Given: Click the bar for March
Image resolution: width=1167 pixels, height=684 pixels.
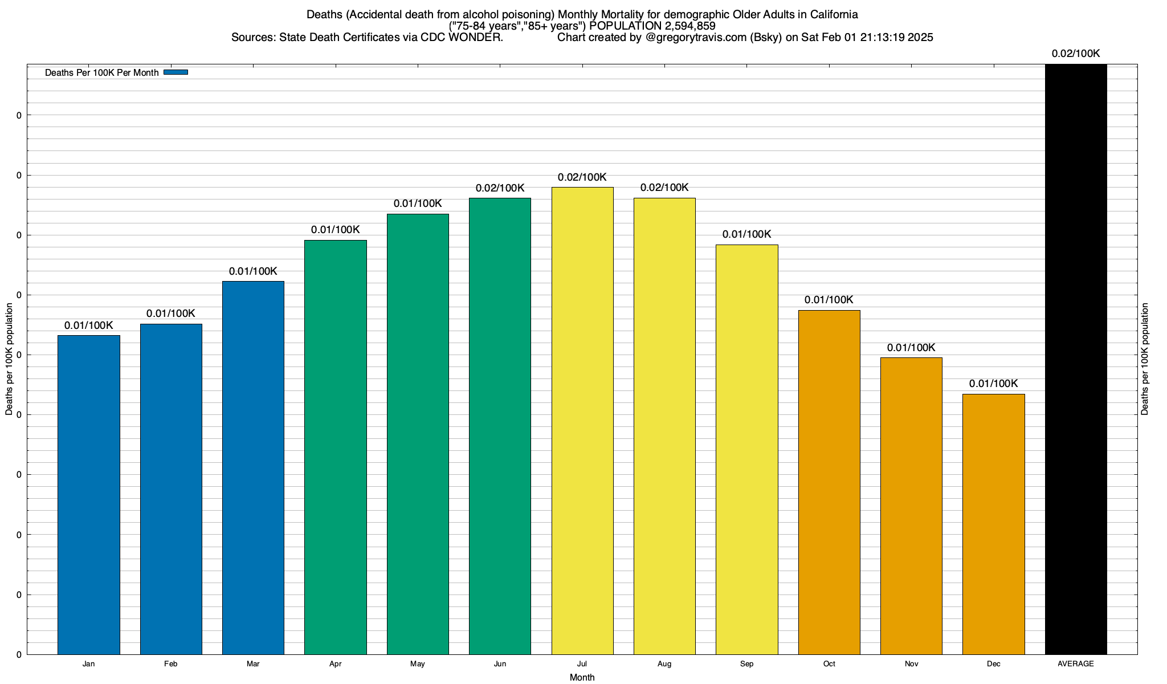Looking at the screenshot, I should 253,467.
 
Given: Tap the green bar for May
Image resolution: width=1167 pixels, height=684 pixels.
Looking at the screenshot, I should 418,434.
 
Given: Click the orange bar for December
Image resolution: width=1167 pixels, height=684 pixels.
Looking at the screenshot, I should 993,524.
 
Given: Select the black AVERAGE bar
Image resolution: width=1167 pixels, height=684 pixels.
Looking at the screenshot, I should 1076,359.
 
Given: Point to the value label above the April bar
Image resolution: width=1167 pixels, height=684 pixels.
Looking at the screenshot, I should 336,230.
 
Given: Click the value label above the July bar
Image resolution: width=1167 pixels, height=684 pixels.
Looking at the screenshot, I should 582,177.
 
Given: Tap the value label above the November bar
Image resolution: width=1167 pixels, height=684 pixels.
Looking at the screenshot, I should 911,348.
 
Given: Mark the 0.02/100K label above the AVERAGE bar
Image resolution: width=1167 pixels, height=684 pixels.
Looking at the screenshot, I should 1076,54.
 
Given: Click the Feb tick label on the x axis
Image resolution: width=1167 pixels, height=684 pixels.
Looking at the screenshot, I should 170,663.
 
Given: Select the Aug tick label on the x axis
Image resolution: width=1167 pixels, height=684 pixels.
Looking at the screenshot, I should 664,663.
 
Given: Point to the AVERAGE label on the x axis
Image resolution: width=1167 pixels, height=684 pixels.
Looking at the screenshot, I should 1076,663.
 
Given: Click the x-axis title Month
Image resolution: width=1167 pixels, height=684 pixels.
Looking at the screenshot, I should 582,677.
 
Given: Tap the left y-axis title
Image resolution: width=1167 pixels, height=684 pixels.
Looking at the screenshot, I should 9,359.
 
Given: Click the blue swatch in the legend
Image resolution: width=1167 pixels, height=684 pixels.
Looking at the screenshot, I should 176,72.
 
